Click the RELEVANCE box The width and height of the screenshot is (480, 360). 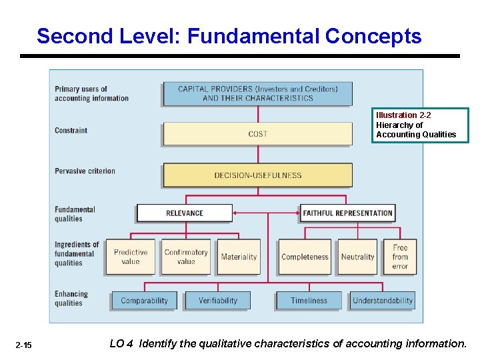[x=185, y=213]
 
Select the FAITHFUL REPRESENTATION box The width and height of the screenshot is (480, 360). [x=347, y=213]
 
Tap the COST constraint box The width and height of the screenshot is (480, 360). [x=257, y=134]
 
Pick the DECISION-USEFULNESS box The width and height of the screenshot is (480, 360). [x=257, y=175]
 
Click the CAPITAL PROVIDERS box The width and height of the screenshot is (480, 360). [x=257, y=93]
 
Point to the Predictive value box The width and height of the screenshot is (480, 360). [x=131, y=257]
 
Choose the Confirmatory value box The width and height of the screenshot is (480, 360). [x=186, y=257]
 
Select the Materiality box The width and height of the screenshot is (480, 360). [x=239, y=257]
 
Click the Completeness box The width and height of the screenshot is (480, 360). [x=305, y=257]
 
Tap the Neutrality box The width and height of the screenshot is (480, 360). [x=357, y=257]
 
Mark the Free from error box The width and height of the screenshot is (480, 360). [x=400, y=257]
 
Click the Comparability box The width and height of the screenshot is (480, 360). [x=145, y=301]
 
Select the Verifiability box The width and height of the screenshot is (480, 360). [x=218, y=301]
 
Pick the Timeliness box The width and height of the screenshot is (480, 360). [x=309, y=301]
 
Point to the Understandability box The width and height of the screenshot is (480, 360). [x=383, y=301]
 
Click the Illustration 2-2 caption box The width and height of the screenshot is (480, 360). [x=420, y=125]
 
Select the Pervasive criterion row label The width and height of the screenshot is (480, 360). [x=85, y=171]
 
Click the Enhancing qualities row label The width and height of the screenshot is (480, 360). [x=71, y=299]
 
